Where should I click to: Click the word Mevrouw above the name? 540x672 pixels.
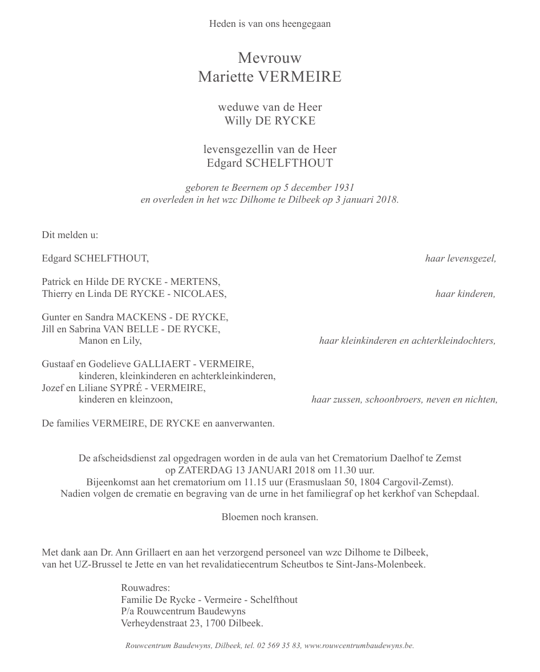coord(270,58)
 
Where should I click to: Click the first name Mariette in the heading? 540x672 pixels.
coord(225,77)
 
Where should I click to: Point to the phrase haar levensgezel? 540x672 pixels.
coord(461,259)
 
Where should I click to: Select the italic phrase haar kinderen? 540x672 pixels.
coord(465,294)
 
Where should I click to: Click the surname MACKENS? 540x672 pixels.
coord(140,317)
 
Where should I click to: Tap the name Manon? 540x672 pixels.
coord(92,341)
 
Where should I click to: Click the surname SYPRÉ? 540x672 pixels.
coord(135,388)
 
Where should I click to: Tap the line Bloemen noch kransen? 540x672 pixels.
coord(270,517)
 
